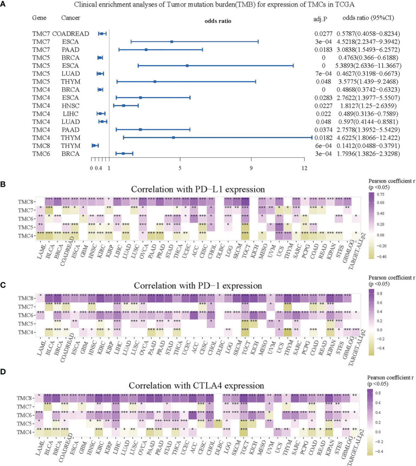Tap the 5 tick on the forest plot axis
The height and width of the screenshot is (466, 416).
[180, 168]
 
